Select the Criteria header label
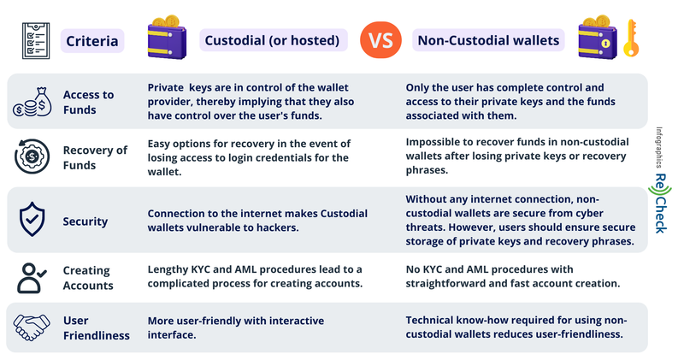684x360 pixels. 94,39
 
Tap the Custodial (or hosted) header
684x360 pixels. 271,39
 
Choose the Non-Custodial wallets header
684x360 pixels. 487,39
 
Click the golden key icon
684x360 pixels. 632,37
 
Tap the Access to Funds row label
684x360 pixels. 88,102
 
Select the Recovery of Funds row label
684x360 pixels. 95,157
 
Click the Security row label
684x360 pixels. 85,221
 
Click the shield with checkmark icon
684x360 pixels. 31,221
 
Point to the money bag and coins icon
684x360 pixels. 32,103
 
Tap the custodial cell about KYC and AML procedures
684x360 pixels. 266,276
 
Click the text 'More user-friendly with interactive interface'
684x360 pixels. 236,328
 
